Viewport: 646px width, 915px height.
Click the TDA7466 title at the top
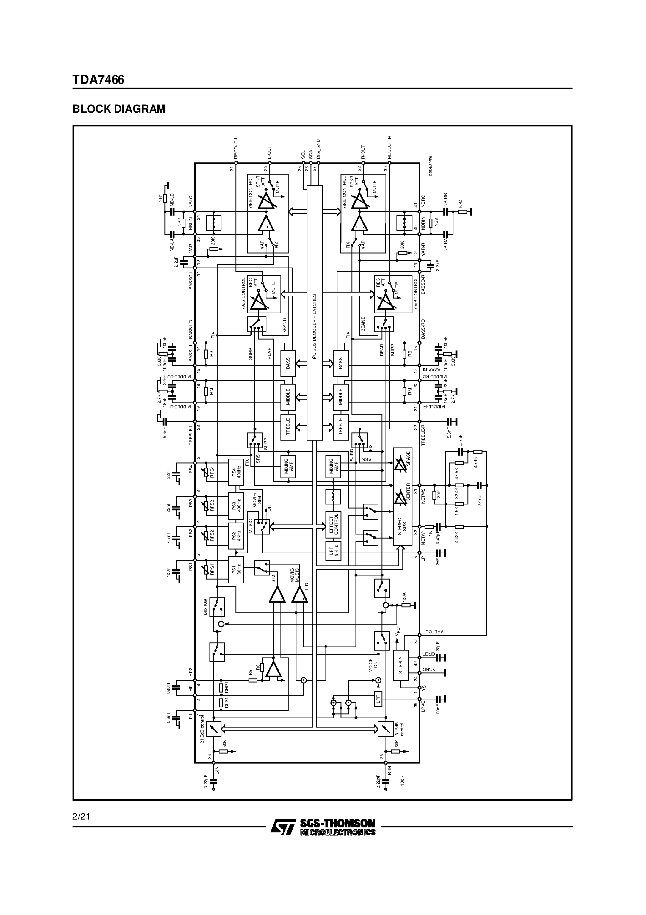(98, 80)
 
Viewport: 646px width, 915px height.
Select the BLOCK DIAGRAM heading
(119, 109)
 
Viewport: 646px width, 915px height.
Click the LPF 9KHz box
(333, 551)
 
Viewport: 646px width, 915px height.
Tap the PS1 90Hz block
(236, 570)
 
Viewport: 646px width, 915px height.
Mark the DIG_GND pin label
(319, 150)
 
